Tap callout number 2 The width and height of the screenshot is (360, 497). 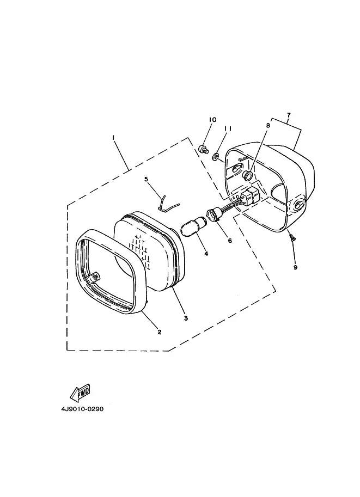[159, 332]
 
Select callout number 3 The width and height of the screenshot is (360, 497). [185, 318]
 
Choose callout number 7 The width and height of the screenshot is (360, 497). [289, 115]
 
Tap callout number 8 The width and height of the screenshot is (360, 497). [268, 125]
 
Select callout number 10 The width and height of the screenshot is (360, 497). [212, 119]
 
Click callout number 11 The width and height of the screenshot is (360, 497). [228, 128]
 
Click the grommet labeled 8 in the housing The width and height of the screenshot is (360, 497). [248, 175]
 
